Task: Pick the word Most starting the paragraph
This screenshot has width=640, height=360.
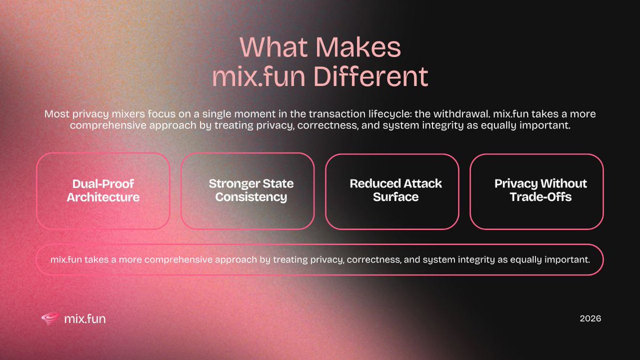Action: click(x=57, y=114)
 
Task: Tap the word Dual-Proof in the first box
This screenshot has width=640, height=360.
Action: click(x=103, y=184)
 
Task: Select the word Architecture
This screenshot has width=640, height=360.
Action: click(x=103, y=197)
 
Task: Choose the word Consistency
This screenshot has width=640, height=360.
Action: click(x=247, y=197)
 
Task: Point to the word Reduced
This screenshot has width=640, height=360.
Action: click(x=373, y=184)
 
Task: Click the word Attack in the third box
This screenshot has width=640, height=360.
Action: click(x=422, y=184)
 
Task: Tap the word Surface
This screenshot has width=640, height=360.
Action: click(x=396, y=197)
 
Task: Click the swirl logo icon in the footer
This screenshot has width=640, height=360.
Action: click(x=50, y=319)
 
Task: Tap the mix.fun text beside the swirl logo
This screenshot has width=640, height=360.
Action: click(x=84, y=319)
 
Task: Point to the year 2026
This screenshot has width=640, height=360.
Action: click(x=590, y=319)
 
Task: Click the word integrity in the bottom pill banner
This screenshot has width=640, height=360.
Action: click(x=461, y=260)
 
